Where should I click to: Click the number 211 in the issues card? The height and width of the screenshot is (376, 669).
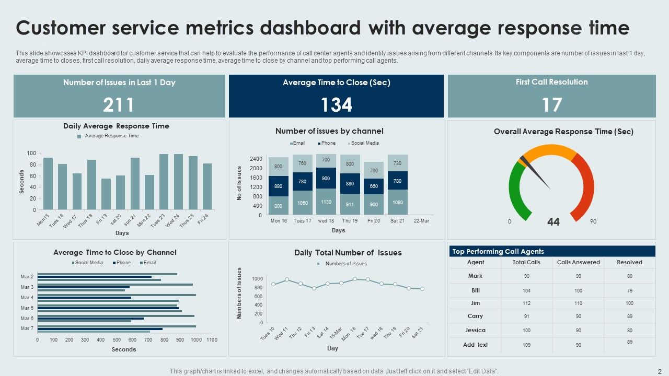click(119, 105)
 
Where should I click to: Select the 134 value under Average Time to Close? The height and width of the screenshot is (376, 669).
click(336, 105)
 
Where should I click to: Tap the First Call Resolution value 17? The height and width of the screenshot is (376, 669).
click(551, 105)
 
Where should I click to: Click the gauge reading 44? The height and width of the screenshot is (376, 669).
click(553, 222)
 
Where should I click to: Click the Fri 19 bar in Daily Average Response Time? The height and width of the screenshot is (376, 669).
click(106, 194)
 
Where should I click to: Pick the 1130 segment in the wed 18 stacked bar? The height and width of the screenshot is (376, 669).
click(326, 202)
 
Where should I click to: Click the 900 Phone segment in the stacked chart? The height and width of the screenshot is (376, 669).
click(326, 178)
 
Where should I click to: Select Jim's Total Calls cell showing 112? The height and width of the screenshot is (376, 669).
click(526, 303)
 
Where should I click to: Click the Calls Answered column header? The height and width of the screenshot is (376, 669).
click(578, 262)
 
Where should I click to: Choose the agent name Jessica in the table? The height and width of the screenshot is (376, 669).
click(475, 330)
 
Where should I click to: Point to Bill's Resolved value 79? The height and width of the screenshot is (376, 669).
click(629, 290)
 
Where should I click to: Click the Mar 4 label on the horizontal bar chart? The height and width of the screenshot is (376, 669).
click(27, 298)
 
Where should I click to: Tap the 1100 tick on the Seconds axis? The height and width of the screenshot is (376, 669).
click(212, 340)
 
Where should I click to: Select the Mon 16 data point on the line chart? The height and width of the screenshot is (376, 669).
click(354, 279)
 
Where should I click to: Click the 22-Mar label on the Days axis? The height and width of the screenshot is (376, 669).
click(421, 221)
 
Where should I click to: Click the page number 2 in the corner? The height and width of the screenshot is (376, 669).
click(660, 370)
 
